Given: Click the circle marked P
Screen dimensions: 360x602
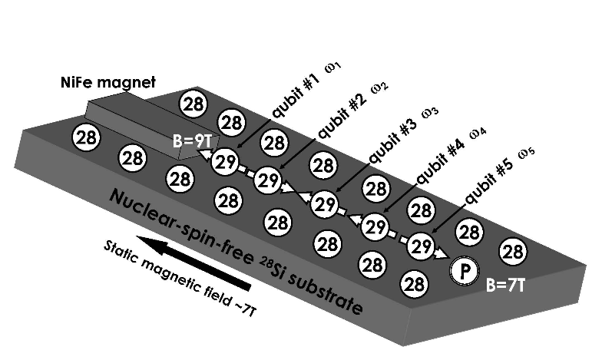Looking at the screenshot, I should point(463,270).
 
